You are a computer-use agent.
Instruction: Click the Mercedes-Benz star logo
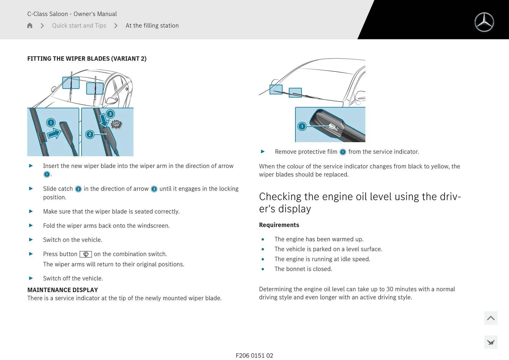[x=484, y=22]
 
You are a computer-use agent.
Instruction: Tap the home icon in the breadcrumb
[x=30, y=25]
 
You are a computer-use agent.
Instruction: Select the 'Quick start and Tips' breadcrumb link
[x=79, y=25]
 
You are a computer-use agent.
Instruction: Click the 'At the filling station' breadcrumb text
[x=152, y=25]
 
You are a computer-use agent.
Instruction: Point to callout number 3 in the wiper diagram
[x=110, y=114]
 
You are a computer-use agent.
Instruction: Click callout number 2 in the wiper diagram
[x=90, y=134]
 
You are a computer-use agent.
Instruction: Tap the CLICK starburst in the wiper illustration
[x=116, y=124]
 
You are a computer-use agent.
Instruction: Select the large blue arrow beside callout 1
[x=54, y=133]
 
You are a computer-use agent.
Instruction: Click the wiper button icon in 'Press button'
[x=86, y=254]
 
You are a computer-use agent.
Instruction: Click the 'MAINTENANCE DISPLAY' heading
[x=63, y=290]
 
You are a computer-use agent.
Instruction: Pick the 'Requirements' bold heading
[x=279, y=225]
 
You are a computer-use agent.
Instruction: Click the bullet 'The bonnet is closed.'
[x=303, y=269]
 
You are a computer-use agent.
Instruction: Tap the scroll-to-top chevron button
[x=490, y=318]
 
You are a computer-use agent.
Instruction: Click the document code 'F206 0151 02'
[x=254, y=355]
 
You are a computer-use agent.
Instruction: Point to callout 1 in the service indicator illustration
[x=302, y=126]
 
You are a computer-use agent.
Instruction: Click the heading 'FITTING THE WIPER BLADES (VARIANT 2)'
[x=87, y=59]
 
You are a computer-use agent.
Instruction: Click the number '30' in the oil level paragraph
[x=390, y=289]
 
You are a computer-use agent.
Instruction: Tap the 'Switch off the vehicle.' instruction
[x=73, y=278]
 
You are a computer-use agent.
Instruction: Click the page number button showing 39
[x=490, y=343]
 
